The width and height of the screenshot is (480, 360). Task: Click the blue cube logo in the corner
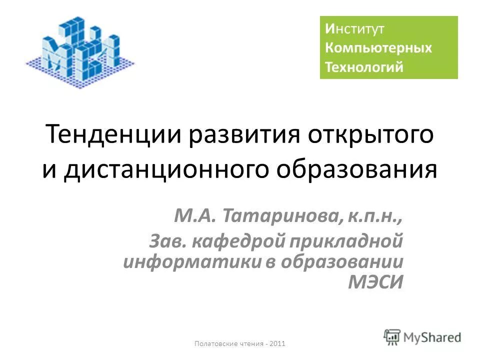(x=80, y=50)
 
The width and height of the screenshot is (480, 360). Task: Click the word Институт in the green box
(x=354, y=29)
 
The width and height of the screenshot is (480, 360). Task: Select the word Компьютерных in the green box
(x=378, y=48)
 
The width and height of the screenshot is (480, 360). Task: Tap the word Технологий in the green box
(x=364, y=67)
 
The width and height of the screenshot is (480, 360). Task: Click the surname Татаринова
(x=282, y=216)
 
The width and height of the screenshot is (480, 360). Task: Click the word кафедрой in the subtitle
(x=238, y=241)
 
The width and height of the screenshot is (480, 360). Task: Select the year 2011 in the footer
(x=277, y=343)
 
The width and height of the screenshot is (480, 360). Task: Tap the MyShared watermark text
(x=433, y=337)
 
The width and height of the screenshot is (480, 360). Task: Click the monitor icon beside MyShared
(x=392, y=336)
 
